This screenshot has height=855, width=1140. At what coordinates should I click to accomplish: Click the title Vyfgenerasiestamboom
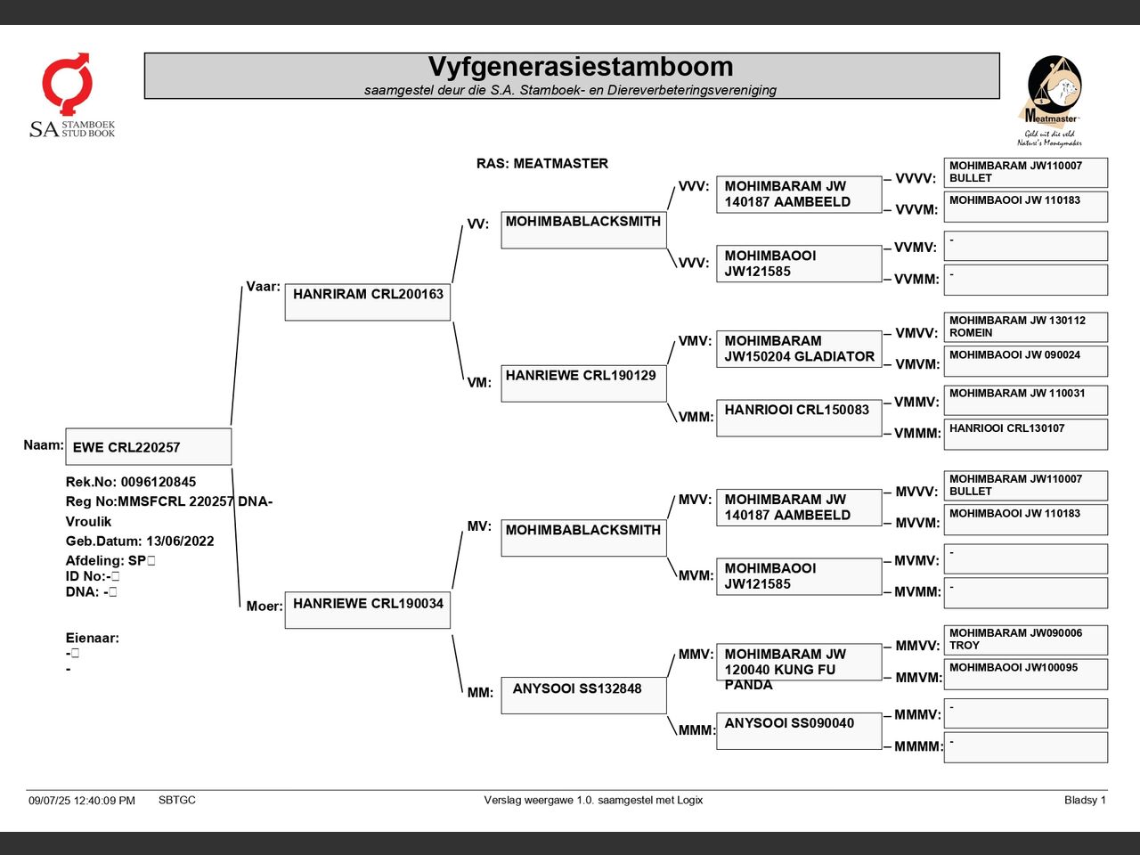pyautogui.click(x=580, y=67)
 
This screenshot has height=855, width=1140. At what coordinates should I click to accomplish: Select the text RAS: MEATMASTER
pyautogui.click(x=541, y=164)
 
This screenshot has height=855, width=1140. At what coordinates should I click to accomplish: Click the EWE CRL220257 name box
pyautogui.click(x=149, y=446)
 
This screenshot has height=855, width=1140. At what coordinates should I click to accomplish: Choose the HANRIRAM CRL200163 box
pyautogui.click(x=368, y=302)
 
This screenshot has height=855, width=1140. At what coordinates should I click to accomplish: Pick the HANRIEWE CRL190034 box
pyautogui.click(x=368, y=610)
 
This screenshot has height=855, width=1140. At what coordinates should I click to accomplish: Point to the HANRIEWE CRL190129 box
pyautogui.click(x=583, y=384)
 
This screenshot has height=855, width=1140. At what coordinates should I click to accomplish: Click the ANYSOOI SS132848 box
pyautogui.click(x=583, y=696)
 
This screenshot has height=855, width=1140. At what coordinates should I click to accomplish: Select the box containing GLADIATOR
pyautogui.click(x=799, y=349)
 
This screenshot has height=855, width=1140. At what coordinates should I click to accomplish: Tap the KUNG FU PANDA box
pyautogui.click(x=799, y=663)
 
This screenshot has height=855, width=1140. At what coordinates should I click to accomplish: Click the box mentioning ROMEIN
pyautogui.click(x=1026, y=327)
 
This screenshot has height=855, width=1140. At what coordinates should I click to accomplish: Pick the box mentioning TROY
pyautogui.click(x=1026, y=640)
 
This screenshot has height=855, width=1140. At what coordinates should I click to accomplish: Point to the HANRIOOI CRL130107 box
pyautogui.click(x=1026, y=435)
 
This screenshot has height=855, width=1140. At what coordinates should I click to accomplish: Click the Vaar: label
pyautogui.click(x=263, y=287)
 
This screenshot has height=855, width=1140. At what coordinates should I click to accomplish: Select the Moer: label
pyautogui.click(x=265, y=607)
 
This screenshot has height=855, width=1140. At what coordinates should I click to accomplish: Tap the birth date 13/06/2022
pyautogui.click(x=180, y=541)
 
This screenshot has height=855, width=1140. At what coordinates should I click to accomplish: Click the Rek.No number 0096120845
pyautogui.click(x=159, y=482)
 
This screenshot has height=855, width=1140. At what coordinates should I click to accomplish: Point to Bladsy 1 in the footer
pyautogui.click(x=1085, y=800)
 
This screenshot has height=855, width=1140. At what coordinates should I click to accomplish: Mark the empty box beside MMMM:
pyautogui.click(x=1026, y=747)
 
